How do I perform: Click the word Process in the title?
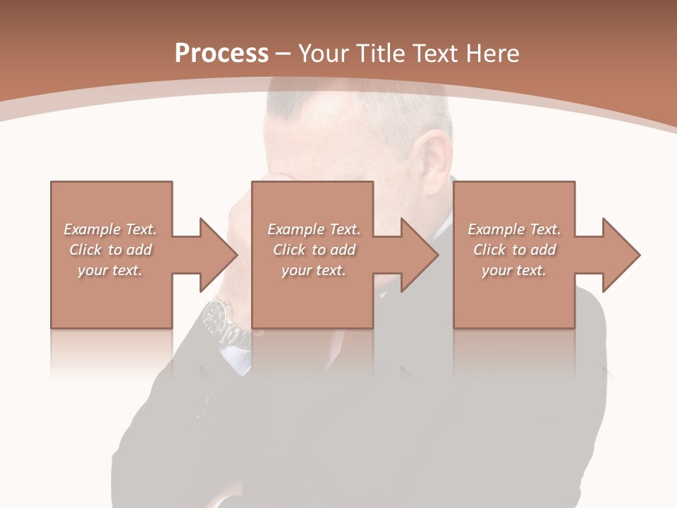click(221, 54)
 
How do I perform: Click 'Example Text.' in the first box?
click(110, 229)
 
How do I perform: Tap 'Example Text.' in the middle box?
click(314, 229)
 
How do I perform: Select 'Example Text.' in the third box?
click(514, 229)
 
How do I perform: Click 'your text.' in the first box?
click(110, 270)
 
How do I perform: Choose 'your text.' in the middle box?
click(314, 270)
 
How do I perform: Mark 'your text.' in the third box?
click(514, 270)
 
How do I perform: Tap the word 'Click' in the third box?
click(490, 250)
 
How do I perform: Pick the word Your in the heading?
click(323, 54)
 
